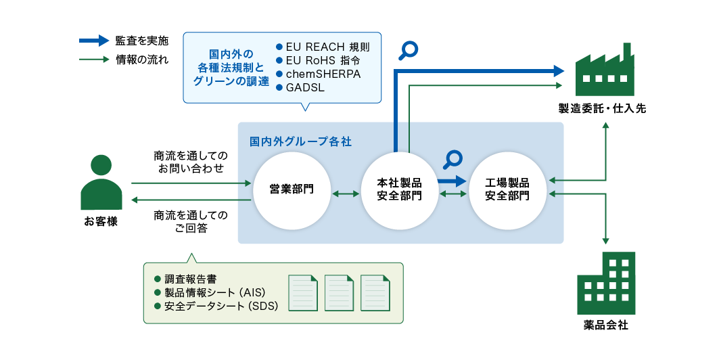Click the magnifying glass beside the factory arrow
[409, 51]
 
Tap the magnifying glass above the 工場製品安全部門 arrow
[453, 159]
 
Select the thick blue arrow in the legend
[93, 41]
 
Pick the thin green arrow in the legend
[93, 60]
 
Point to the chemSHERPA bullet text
[323, 74]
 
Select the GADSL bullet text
[304, 88]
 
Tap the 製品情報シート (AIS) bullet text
[214, 293]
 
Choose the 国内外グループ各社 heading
[300, 142]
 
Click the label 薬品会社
[605, 325]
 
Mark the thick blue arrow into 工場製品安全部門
[451, 181]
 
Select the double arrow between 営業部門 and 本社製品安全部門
[346, 194]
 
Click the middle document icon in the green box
[339, 293]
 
